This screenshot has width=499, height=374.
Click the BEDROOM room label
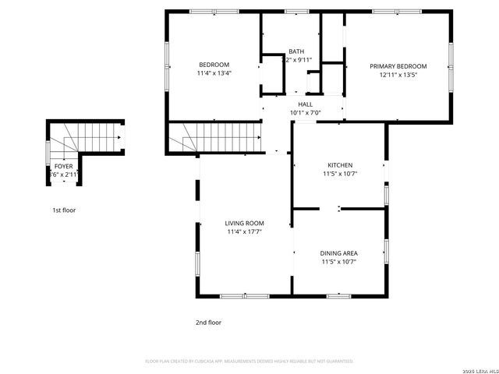tap(214, 65)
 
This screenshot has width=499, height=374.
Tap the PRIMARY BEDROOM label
tap(398, 66)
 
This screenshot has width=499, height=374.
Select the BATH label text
tap(296, 51)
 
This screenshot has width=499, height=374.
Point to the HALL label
tap(305, 104)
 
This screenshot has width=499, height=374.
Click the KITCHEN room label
tap(339, 165)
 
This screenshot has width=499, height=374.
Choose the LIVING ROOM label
tap(244, 224)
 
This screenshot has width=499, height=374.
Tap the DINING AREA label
tap(339, 253)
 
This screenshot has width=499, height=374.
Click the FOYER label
tap(63, 167)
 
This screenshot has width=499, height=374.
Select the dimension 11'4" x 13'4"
tap(214, 73)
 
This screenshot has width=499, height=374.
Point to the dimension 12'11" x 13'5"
tap(398, 75)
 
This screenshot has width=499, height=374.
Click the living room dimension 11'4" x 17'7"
tap(244, 231)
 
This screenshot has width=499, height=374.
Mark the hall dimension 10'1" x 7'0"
tap(305, 112)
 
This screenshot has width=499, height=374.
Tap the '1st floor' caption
tap(64, 210)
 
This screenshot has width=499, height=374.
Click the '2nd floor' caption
tap(208, 322)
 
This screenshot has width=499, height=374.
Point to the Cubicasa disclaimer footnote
tap(249, 362)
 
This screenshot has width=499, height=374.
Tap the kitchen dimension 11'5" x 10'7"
tap(339, 174)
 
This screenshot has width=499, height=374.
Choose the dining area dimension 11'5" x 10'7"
tap(339, 262)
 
